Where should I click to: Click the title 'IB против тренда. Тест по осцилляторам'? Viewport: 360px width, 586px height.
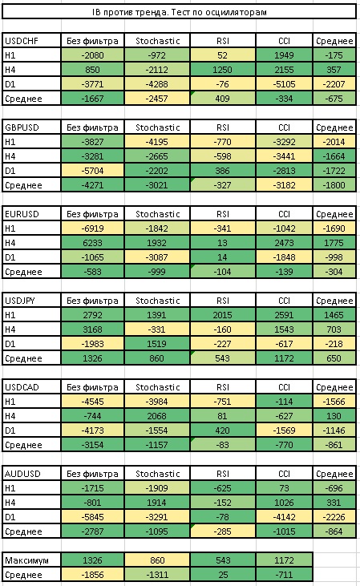(x=179, y=12)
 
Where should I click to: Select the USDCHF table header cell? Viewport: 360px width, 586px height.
(x=31, y=41)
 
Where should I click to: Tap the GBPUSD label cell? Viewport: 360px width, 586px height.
(x=31, y=127)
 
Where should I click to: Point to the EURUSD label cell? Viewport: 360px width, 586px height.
(x=31, y=214)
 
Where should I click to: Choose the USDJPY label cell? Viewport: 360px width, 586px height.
(x=31, y=301)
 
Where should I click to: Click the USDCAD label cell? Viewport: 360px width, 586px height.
(x=31, y=387)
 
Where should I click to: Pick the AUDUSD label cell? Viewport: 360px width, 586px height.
(x=31, y=474)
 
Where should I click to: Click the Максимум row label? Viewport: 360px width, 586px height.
(x=31, y=560)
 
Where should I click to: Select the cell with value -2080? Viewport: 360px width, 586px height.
(x=92, y=55)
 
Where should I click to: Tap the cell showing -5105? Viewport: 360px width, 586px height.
(x=284, y=84)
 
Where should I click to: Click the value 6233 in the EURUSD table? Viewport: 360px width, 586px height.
(x=92, y=243)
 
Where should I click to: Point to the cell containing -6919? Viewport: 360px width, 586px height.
(x=92, y=228)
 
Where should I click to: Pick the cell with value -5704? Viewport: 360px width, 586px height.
(x=92, y=171)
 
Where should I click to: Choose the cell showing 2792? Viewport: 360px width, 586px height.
(x=92, y=315)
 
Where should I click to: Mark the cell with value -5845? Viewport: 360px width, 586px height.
(x=92, y=517)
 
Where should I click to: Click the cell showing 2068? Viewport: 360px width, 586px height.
(x=157, y=416)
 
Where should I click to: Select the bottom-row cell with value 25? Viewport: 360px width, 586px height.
(x=223, y=575)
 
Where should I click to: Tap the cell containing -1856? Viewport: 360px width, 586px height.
(x=92, y=575)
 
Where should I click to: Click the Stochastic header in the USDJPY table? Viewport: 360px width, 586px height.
(x=157, y=301)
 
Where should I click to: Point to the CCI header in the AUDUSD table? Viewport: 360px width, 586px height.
(x=284, y=474)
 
